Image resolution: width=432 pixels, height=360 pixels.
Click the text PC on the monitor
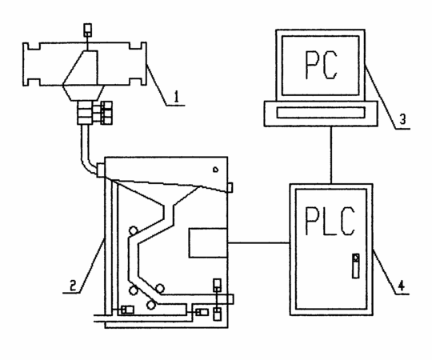pyautogui.click(x=321, y=65)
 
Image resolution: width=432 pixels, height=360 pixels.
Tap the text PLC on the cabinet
pyautogui.click(x=330, y=221)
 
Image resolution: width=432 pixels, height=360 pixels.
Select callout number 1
pyautogui.click(x=177, y=97)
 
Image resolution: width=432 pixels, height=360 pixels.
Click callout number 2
pyautogui.click(x=73, y=286)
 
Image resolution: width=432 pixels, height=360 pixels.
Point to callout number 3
pyautogui.click(x=402, y=119)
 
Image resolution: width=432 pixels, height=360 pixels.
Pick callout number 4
pyautogui.click(x=402, y=286)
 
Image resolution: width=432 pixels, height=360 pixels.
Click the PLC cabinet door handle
pyautogui.click(x=356, y=266)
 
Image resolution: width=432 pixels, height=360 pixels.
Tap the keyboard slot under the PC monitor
pyautogui.click(x=321, y=112)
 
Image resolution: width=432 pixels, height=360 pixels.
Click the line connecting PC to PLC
pyautogui.click(x=331, y=155)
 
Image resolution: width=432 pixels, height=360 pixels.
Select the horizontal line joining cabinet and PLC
pyautogui.click(x=258, y=243)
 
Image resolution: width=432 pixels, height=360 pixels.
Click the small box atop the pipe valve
pyautogui.click(x=88, y=30)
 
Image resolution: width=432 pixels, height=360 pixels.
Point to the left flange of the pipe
pyautogui.click(x=26, y=64)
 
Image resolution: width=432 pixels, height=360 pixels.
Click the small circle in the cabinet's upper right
pyautogui.click(x=215, y=170)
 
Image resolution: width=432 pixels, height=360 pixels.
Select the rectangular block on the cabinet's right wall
pyautogui.click(x=208, y=243)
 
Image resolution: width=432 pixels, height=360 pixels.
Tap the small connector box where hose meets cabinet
pyautogui.click(x=101, y=170)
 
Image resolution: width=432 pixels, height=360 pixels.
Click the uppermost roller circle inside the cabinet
pyautogui.click(x=134, y=230)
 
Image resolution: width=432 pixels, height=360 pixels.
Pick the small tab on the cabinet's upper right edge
pyautogui.click(x=230, y=187)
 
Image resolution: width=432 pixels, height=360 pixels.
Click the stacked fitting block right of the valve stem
pyautogui.click(x=106, y=113)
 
